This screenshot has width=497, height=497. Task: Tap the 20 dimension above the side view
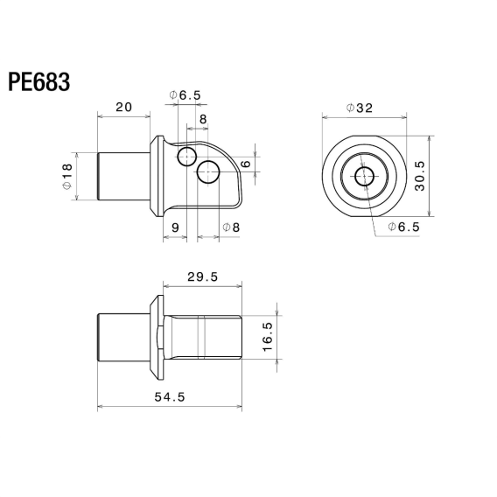coord(123,107)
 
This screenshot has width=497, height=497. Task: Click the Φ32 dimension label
coord(360,108)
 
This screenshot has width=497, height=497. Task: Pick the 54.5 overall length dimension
coord(170,396)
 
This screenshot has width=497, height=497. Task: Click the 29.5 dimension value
coord(202,276)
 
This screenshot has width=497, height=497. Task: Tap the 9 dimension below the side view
coord(175,228)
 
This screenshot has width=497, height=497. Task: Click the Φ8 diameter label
coord(231,228)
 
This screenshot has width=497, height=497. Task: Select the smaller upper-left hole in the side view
coord(185,157)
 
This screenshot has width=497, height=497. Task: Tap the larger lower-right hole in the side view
coord(208,171)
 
